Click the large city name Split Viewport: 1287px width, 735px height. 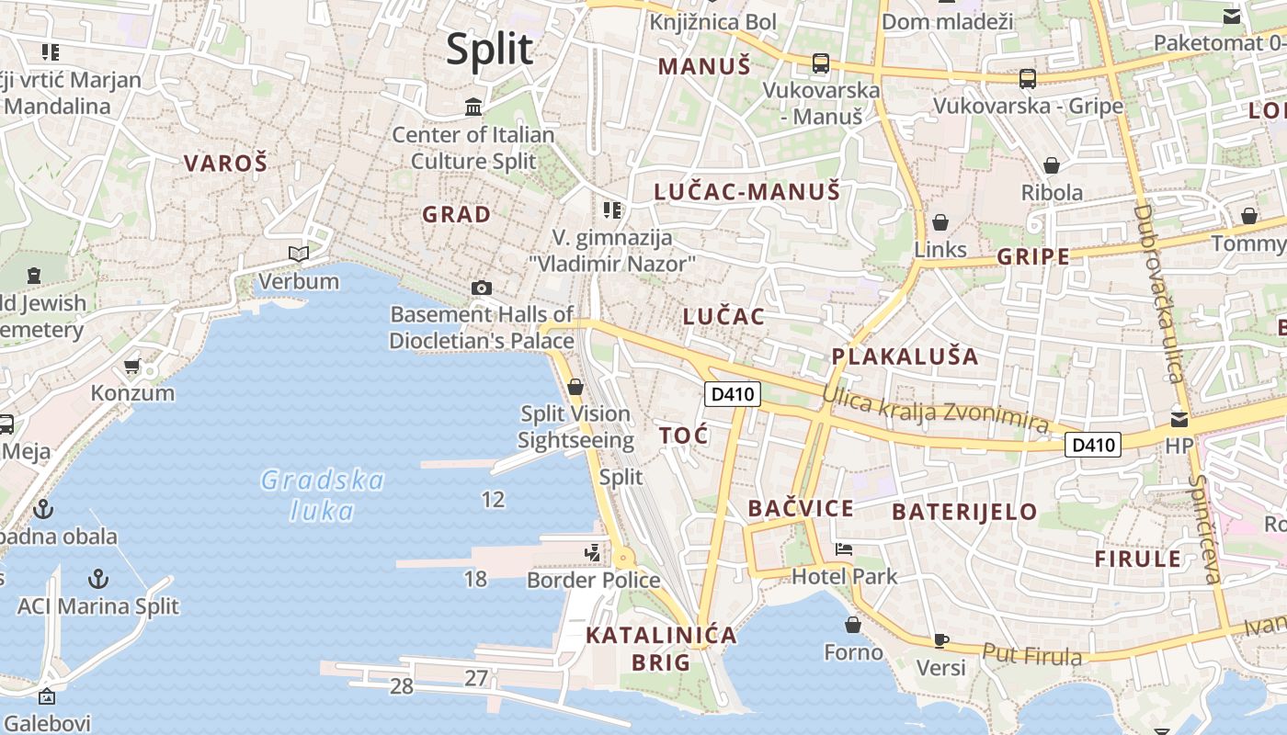click(x=489, y=49)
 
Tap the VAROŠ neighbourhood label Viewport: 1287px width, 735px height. click(x=225, y=164)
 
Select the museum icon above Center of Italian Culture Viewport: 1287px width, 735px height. click(x=473, y=107)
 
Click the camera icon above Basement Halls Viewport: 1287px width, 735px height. click(x=481, y=288)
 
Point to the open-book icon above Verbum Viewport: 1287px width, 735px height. click(x=299, y=254)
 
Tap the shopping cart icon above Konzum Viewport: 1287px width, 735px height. click(x=132, y=366)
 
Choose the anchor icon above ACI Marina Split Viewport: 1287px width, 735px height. click(x=97, y=579)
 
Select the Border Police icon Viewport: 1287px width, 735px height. click(x=593, y=552)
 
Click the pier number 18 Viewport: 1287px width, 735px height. click(x=475, y=578)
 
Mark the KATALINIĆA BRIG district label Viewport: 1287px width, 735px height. click(x=662, y=648)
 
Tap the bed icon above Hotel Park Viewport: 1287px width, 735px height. click(x=844, y=549)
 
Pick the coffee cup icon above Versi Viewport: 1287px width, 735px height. click(x=940, y=640)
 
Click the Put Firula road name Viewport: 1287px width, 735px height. click(x=1032, y=654)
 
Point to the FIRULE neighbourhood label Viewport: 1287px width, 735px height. click(x=1137, y=559)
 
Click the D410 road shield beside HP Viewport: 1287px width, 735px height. click(x=1094, y=445)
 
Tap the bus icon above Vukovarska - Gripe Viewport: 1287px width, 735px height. click(x=1027, y=79)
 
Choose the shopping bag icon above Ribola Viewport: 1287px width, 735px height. click(x=1052, y=165)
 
